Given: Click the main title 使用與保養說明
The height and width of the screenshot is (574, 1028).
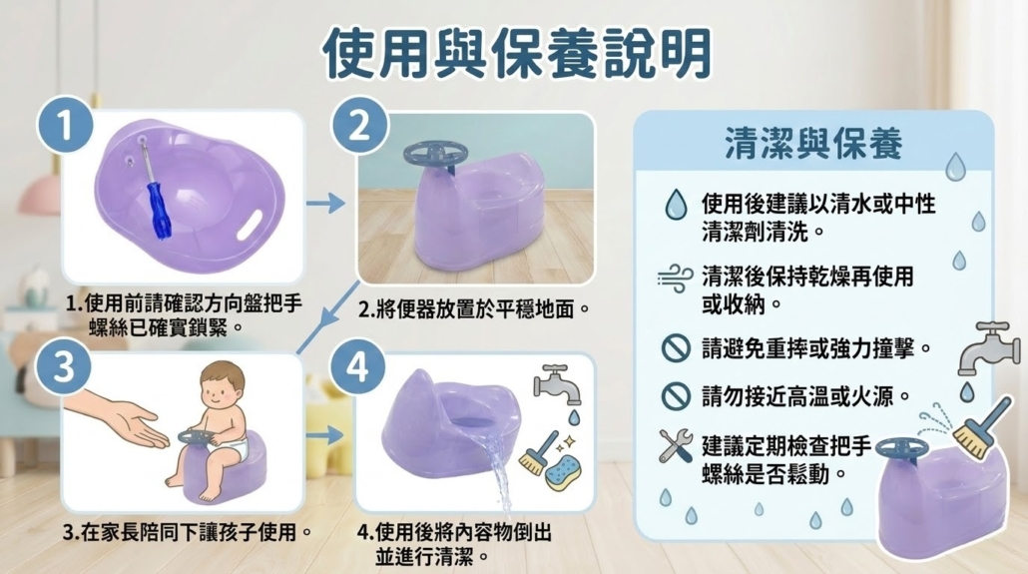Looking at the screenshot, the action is point(517,53).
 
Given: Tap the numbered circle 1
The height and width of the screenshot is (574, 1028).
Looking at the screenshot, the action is point(64,125).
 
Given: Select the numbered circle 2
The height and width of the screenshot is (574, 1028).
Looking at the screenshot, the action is point(359,125).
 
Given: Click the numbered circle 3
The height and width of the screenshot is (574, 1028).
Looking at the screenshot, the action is point(64,366).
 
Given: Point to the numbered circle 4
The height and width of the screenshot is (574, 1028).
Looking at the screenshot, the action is point(358,366).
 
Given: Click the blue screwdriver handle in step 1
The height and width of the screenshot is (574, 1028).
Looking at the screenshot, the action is point(158,211).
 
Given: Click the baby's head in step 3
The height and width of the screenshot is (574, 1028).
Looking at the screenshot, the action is point(223,385).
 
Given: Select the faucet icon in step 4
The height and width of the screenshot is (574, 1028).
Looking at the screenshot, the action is point(557,383).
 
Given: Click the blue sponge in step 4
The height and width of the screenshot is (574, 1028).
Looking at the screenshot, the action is point(563,472).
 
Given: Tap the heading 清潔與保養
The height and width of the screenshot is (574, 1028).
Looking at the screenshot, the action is point(813,144).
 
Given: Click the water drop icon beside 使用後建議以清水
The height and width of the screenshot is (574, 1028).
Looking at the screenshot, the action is point(676,205).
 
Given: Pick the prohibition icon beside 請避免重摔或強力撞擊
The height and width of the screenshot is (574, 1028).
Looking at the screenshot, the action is point(676,348).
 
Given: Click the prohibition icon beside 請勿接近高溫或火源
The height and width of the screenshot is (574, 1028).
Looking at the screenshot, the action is point(676,396).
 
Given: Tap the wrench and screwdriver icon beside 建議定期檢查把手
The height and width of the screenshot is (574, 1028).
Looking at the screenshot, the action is point(676,446).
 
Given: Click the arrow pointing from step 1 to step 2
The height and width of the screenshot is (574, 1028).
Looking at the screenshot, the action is point(325,204).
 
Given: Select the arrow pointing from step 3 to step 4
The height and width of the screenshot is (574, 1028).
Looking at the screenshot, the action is point(325,435).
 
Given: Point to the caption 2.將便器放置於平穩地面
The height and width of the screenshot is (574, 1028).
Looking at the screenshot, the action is point(474,308).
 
